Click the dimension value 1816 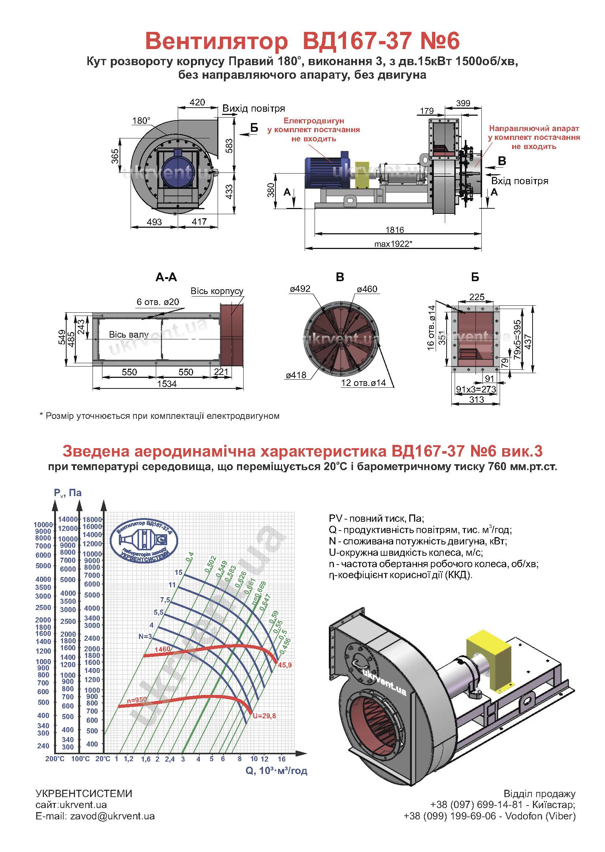[395, 230]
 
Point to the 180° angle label [141, 121]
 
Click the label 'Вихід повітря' [254, 108]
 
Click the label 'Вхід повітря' [520, 181]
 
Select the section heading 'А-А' [166, 278]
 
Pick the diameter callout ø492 [300, 289]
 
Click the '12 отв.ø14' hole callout [364, 383]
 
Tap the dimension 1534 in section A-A [167, 384]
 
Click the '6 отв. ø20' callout [158, 302]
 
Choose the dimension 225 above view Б [477, 297]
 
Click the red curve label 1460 [162, 649]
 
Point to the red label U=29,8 [264, 716]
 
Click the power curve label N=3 [145, 636]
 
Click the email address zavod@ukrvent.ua [112, 816]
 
